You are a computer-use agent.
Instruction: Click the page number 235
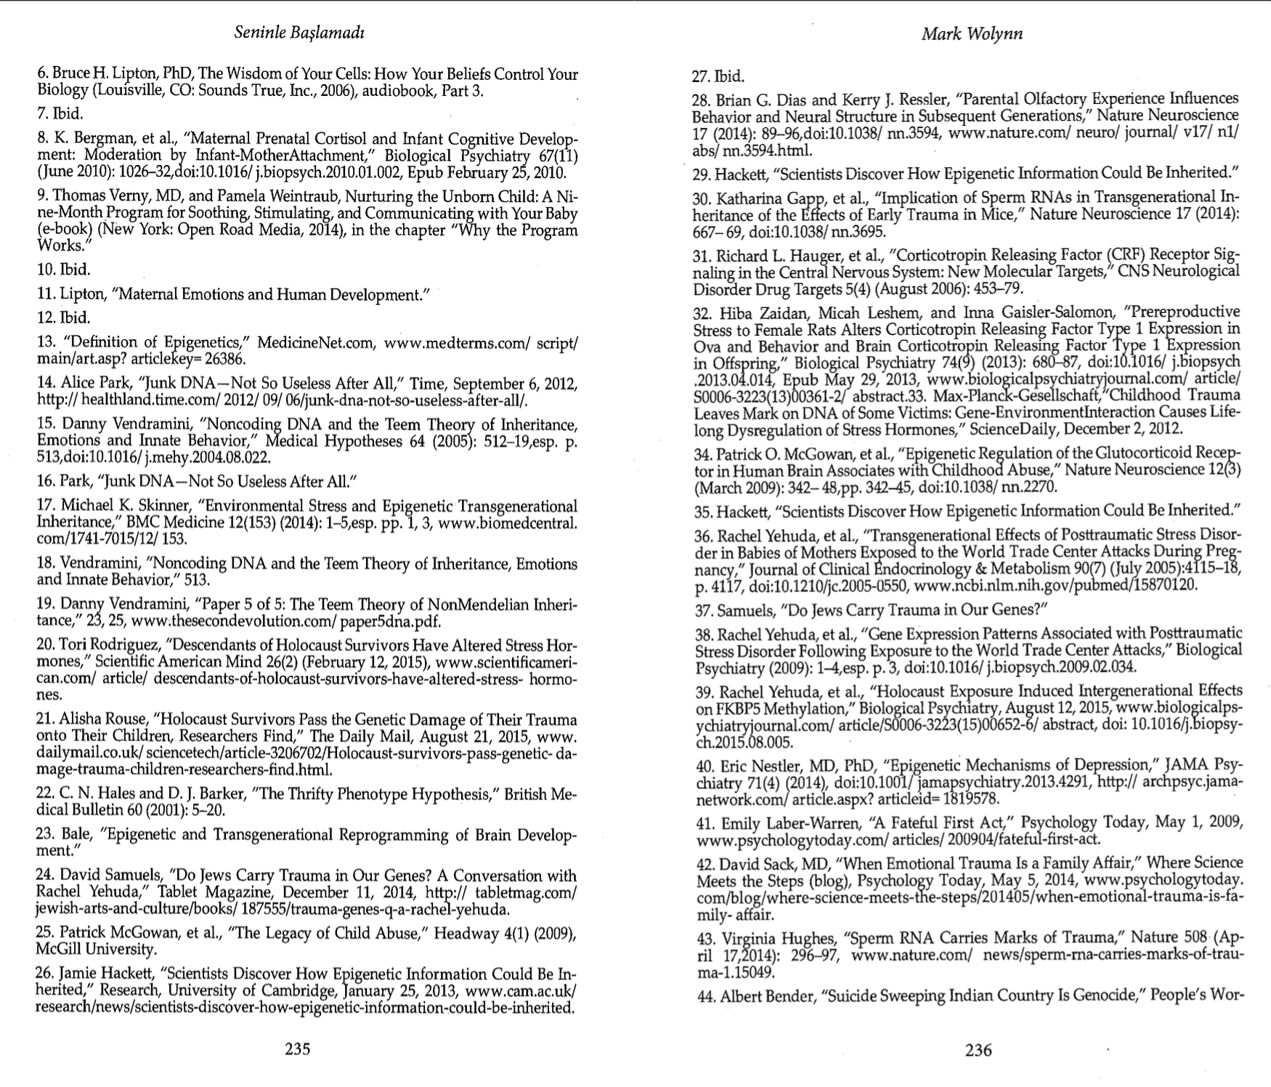click(298, 1048)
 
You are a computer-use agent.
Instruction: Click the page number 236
click(978, 1049)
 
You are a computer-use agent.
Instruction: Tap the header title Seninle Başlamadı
click(299, 33)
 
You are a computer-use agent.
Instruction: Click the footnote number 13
click(46, 342)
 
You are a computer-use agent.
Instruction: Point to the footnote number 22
click(46, 793)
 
